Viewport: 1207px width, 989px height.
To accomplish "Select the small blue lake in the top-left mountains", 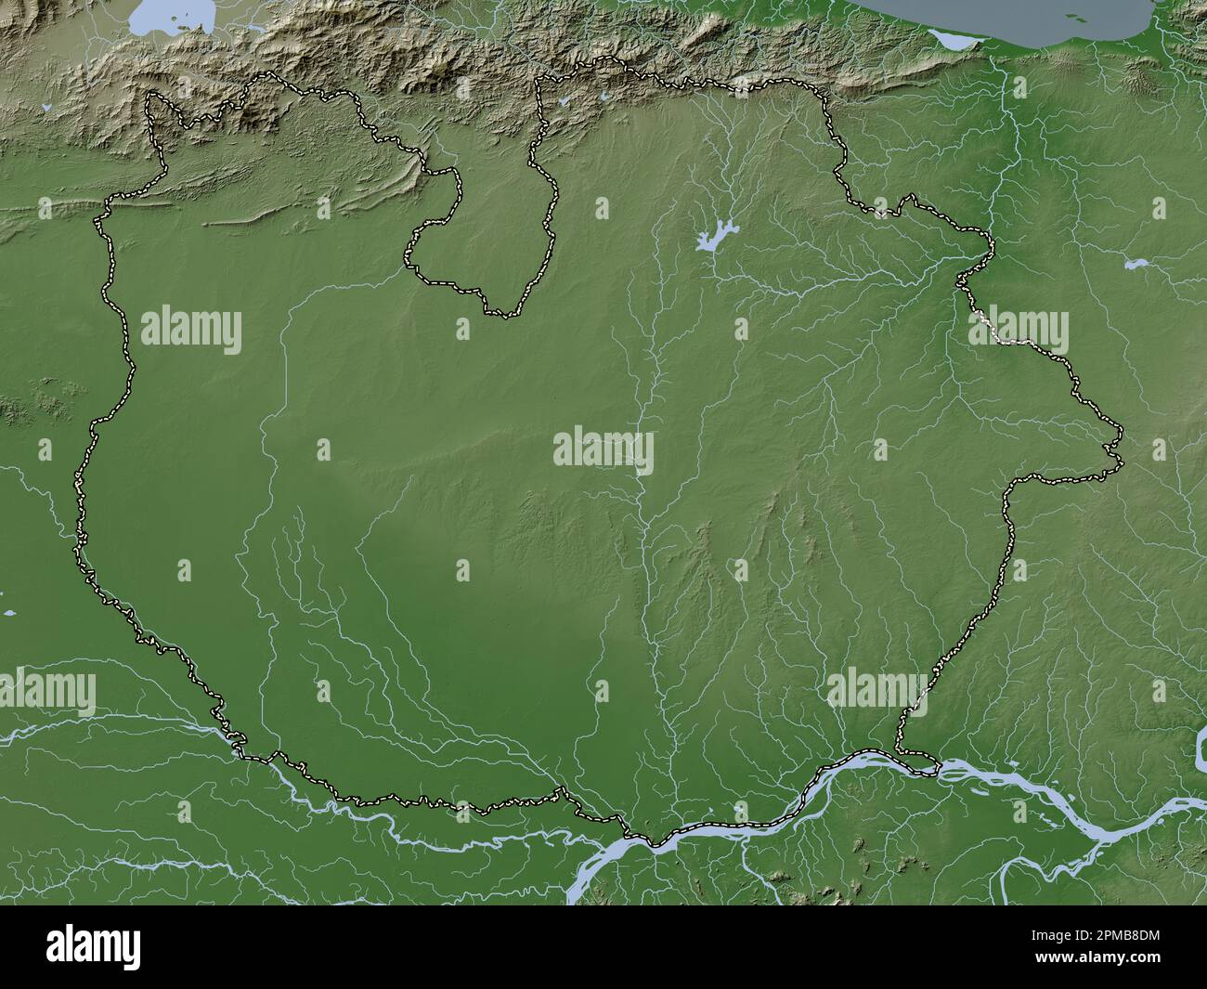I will point(46,109).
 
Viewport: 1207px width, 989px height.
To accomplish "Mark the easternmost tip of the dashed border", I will point(1123,462).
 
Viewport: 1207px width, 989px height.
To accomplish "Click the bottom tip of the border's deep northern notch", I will point(501,315).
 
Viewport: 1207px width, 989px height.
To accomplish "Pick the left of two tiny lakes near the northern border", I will point(564,100).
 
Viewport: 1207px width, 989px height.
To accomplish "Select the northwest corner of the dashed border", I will point(151,95).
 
